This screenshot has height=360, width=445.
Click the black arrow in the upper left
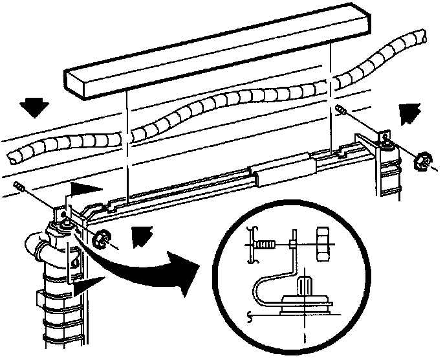[31, 107]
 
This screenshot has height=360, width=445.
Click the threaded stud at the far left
[19, 187]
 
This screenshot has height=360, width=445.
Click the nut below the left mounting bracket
[100, 238]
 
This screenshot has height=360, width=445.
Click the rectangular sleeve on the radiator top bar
[283, 170]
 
